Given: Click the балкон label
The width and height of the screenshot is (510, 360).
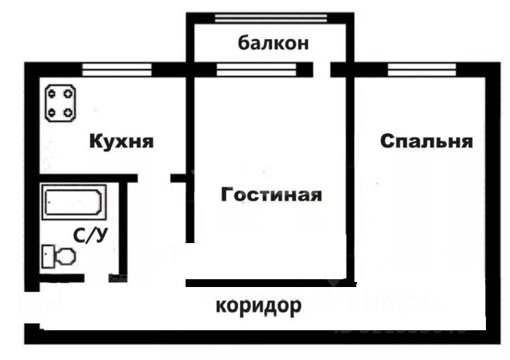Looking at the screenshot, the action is click(273, 43).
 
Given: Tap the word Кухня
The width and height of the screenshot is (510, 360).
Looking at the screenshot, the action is click(121, 141).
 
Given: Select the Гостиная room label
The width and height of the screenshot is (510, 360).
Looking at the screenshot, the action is click(271, 194).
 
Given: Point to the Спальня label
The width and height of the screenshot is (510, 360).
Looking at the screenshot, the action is click(426, 141).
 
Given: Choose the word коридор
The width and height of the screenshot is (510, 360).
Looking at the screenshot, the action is click(259, 306).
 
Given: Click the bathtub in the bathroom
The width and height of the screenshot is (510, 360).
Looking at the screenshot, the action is click(74, 203).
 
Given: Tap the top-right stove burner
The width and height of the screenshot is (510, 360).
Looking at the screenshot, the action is click(69, 92).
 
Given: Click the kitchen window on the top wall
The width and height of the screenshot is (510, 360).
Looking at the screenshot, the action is click(117, 69).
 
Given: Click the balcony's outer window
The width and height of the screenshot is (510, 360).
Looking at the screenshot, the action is click(271, 17).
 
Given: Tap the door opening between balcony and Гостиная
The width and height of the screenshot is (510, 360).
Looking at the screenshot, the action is click(321, 69).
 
